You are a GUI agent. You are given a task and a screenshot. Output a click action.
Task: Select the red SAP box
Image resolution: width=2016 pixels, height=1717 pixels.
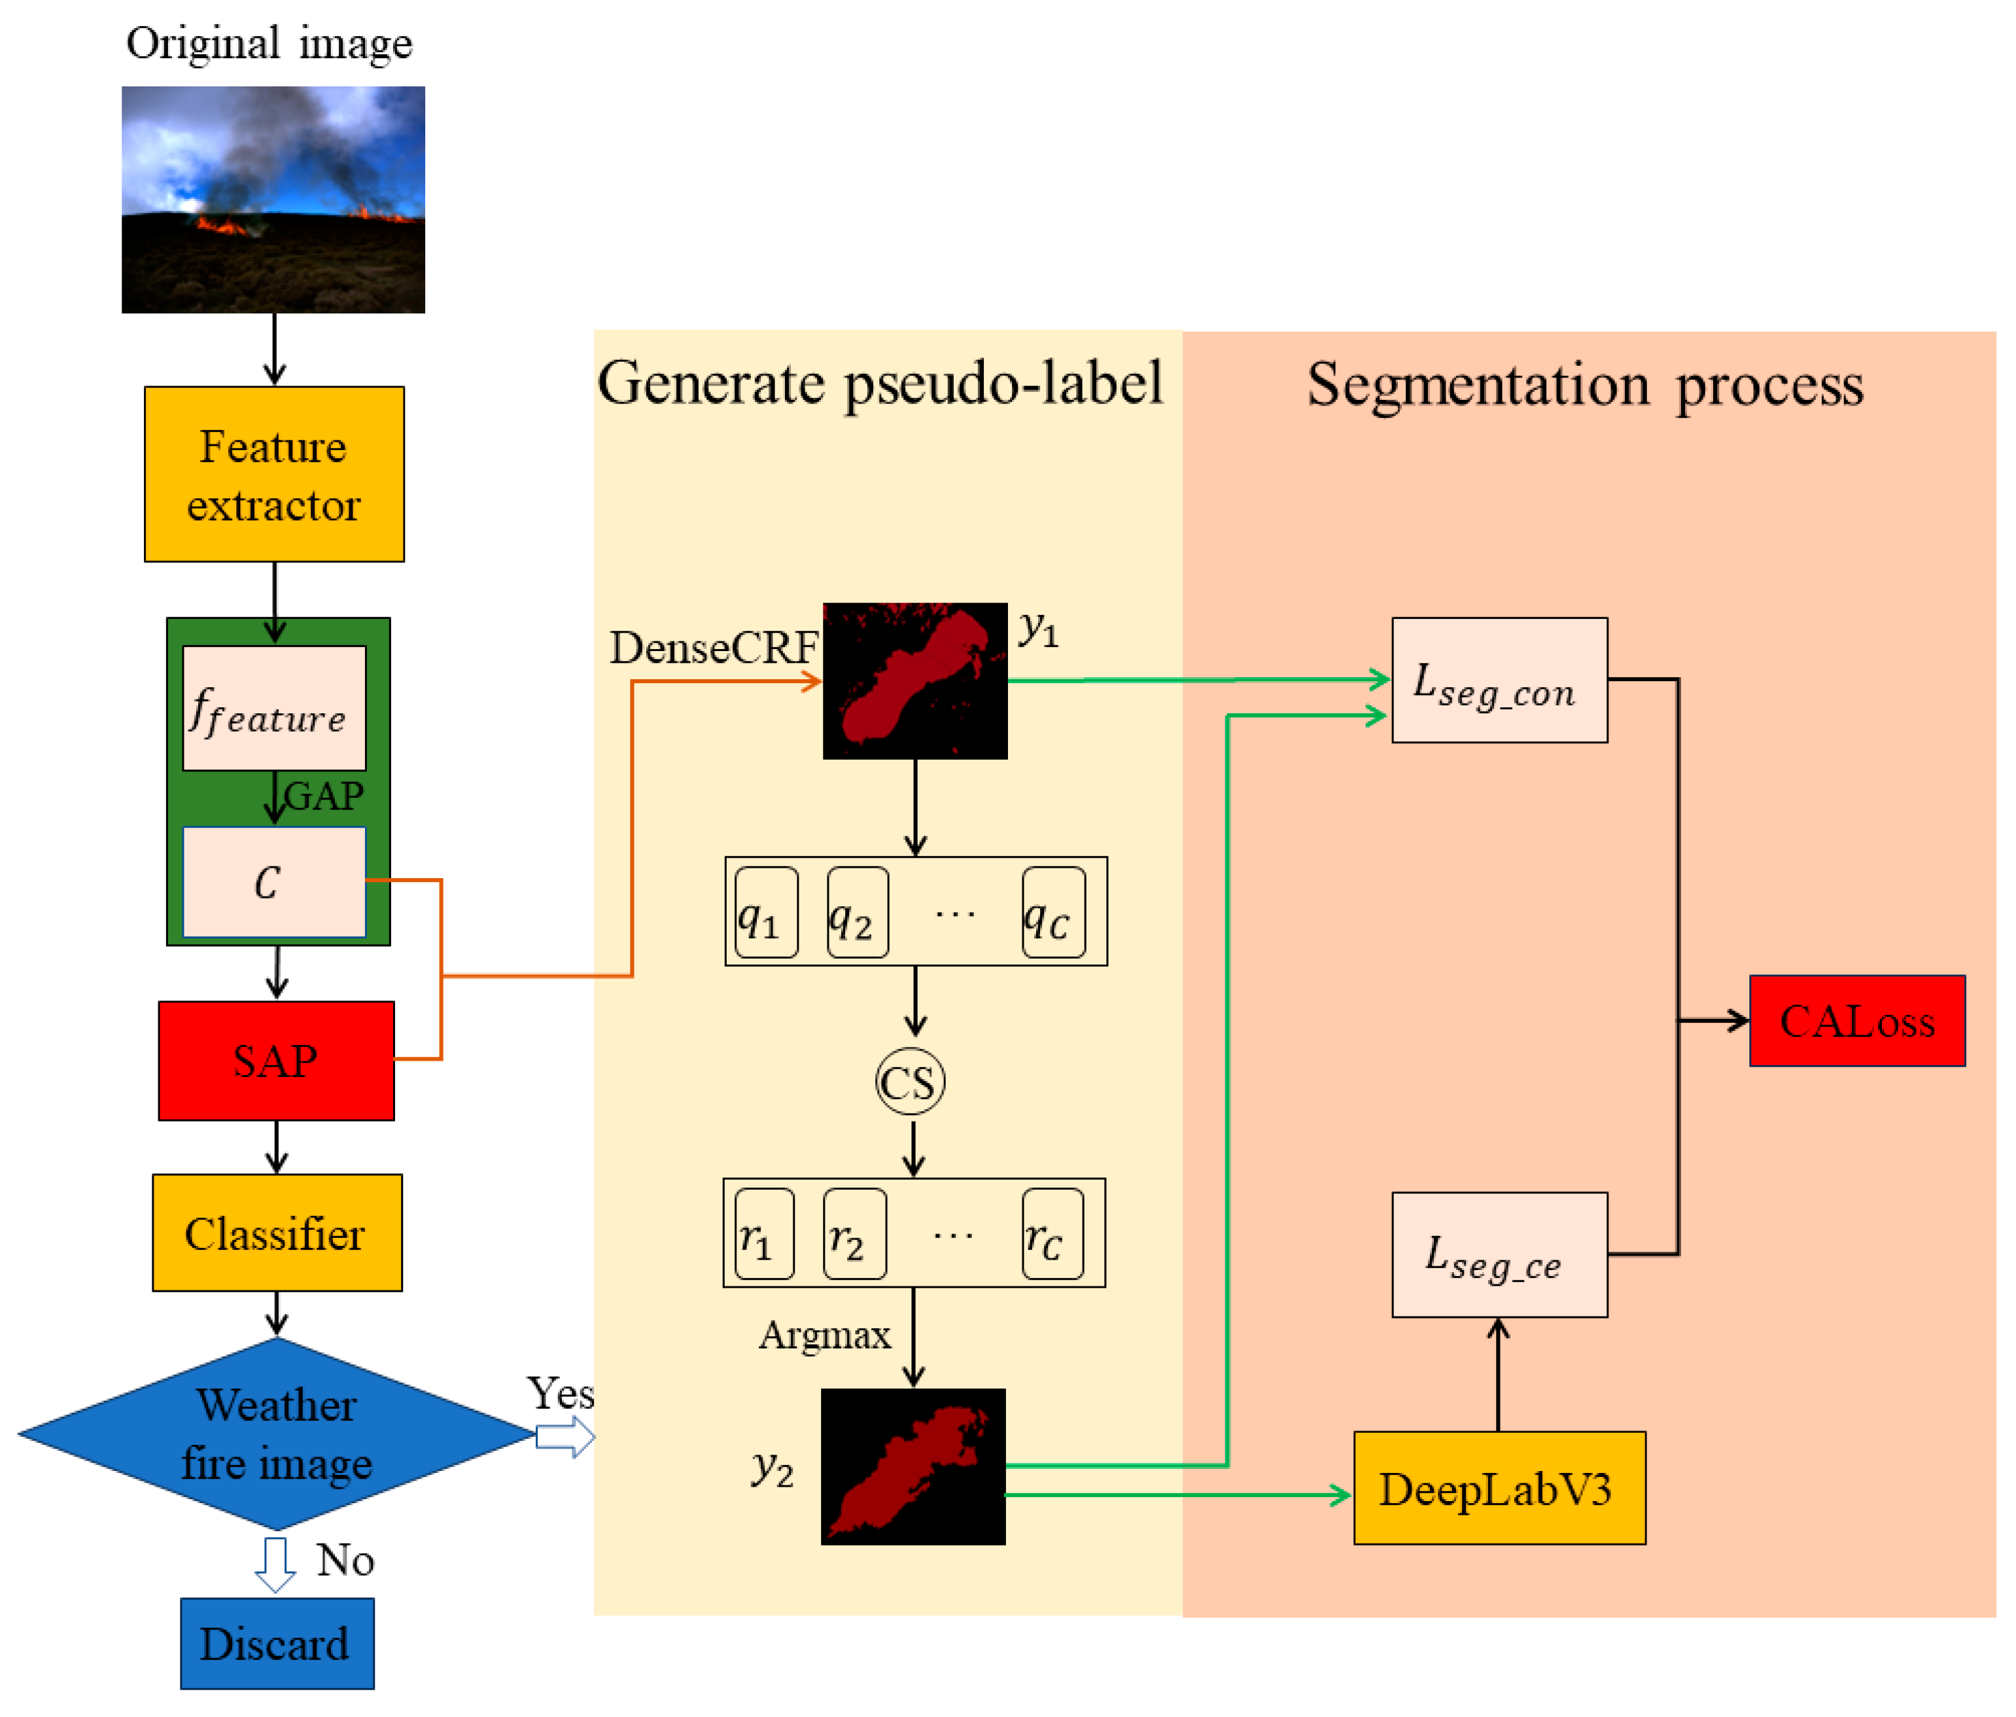[x=276, y=1060]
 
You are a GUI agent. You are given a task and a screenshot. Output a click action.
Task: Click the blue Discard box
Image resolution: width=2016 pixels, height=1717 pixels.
[x=276, y=1643]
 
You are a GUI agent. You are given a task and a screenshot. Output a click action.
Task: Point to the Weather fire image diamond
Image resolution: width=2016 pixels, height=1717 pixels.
[x=276, y=1434]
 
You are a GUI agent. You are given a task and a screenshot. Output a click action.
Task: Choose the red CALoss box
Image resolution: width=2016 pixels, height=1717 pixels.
[x=1856, y=1020]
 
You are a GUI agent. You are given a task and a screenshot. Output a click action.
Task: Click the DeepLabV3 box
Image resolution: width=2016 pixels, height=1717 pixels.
[x=1499, y=1487]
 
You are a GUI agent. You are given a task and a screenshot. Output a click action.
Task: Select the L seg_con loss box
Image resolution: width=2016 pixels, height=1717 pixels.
[x=1499, y=681]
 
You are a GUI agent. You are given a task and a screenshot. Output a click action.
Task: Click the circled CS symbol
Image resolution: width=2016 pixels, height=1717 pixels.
[x=910, y=1082]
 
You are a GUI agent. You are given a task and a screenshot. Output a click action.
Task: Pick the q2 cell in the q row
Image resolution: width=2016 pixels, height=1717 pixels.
[x=857, y=913]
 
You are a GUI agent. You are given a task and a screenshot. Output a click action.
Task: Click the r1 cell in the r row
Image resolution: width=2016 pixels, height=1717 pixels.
[x=764, y=1233]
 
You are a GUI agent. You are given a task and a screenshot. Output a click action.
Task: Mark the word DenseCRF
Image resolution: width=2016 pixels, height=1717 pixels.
[x=714, y=647]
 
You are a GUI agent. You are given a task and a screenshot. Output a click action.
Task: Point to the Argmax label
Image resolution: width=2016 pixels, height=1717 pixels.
[x=824, y=1334]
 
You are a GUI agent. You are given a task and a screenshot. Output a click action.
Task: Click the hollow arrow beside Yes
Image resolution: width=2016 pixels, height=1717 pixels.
[x=565, y=1437]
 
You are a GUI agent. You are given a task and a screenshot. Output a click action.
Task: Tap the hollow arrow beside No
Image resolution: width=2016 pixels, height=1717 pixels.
[x=275, y=1563]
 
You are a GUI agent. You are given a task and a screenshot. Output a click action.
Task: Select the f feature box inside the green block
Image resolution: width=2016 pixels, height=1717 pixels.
[x=274, y=709]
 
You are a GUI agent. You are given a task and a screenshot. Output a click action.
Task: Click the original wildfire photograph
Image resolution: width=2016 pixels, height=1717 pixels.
[x=273, y=200]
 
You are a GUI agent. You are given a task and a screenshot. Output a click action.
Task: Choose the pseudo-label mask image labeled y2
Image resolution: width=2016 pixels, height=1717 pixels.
[x=912, y=1466]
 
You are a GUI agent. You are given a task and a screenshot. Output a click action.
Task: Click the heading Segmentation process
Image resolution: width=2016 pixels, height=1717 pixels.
[x=1584, y=385]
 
